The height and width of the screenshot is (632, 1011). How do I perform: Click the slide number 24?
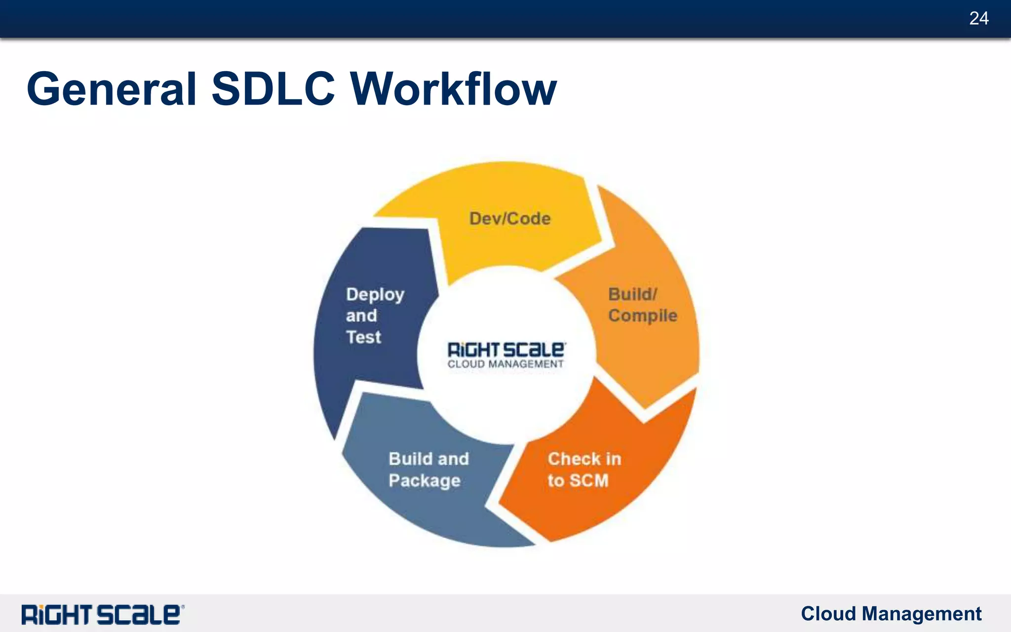[x=978, y=19]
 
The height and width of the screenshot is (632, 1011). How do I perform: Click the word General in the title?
[x=112, y=89]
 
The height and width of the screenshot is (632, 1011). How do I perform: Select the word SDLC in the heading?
[x=273, y=89]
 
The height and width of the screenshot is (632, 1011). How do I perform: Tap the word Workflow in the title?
[x=453, y=89]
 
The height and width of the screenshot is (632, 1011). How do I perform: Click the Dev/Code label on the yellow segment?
[x=509, y=219]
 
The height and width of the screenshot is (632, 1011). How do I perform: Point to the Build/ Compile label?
[x=642, y=305]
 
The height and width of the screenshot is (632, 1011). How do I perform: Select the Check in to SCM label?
[x=583, y=470]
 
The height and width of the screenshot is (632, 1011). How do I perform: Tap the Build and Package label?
[x=428, y=470]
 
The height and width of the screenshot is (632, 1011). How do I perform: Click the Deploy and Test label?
[x=375, y=316]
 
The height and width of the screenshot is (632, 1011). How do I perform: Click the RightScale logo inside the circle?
[x=506, y=350]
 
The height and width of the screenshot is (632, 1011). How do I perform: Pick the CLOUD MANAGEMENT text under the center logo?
[x=505, y=364]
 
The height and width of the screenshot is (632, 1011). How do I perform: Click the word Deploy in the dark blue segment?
[x=375, y=295]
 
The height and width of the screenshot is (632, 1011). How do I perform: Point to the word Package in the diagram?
[x=424, y=481]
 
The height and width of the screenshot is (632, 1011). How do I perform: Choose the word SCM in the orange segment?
[x=588, y=480]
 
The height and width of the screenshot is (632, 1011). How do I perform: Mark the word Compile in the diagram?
[x=642, y=316]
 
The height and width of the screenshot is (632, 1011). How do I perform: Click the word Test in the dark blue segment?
[x=363, y=337]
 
